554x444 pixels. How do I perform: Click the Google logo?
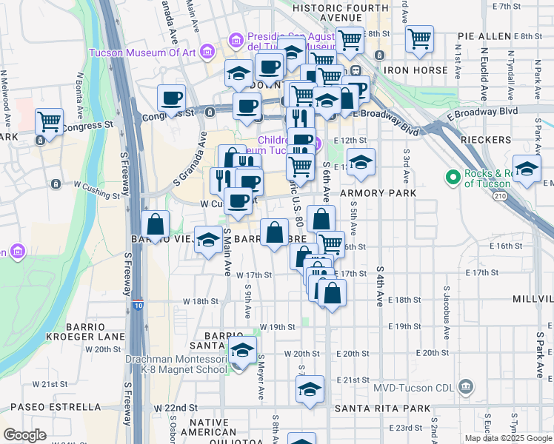(x=24, y=435)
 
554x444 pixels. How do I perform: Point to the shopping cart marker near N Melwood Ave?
(x=49, y=122)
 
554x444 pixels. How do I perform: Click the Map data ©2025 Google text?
(x=508, y=438)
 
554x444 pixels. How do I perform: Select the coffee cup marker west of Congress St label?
(x=171, y=99)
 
